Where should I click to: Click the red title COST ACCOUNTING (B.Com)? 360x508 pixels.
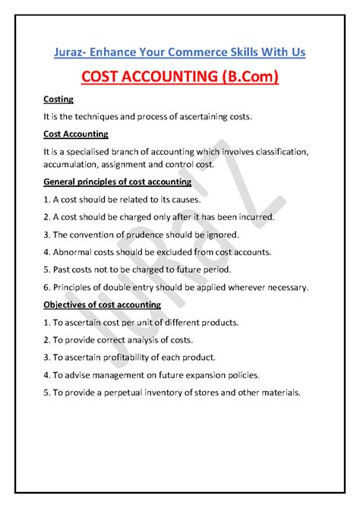point(179,78)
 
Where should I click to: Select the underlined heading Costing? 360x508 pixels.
point(59,99)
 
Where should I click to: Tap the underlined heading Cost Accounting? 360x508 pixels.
point(76,134)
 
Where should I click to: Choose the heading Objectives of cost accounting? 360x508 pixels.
point(102,304)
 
